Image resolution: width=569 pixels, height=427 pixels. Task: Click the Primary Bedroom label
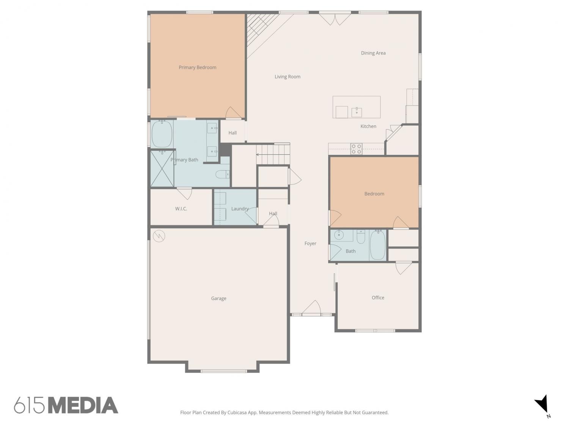[197, 68]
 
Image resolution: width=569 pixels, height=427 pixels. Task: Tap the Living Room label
[287, 77]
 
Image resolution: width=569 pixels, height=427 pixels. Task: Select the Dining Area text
[373, 53]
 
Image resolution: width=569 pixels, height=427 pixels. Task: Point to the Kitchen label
[368, 126]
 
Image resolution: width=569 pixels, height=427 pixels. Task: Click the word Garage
[218, 298]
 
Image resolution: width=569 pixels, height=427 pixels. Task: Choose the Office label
[378, 298]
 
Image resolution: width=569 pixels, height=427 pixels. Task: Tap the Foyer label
[310, 243]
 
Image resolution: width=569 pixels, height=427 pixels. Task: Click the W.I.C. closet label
[181, 209]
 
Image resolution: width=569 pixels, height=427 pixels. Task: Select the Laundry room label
[240, 209]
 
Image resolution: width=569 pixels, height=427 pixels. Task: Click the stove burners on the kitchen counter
[356, 149]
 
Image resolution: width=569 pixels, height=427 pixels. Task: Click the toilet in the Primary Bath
[222, 174]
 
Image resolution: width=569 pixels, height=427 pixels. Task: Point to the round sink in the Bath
[338, 235]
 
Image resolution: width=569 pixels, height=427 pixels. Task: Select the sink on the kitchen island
[357, 112]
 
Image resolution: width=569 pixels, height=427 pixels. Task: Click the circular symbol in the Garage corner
[159, 236]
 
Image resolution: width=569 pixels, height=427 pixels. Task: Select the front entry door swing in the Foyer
[311, 307]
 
